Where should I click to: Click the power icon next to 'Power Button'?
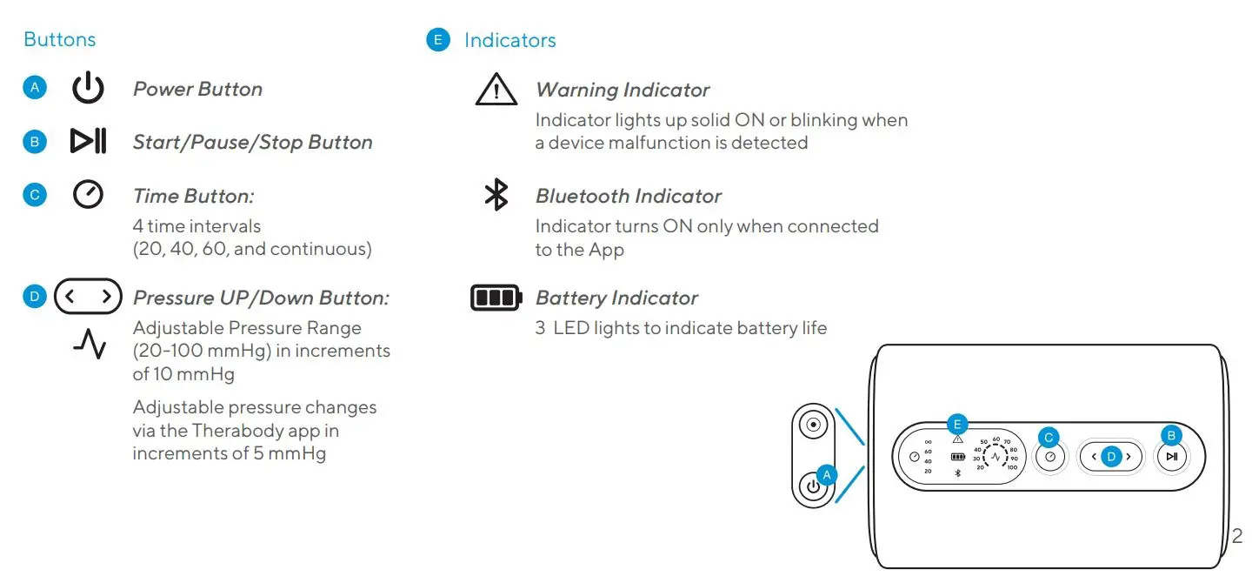[x=88, y=89]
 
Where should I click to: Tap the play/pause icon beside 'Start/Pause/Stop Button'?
[x=88, y=142]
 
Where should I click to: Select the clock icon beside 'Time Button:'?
[x=88, y=195]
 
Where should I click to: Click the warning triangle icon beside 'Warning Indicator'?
[x=496, y=90]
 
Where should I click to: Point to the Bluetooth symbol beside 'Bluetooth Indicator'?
[x=496, y=195]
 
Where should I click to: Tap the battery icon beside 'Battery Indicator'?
[x=496, y=298]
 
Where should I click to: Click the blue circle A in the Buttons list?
[x=35, y=88]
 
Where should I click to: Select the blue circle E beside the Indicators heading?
[x=438, y=39]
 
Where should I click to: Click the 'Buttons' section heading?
[x=59, y=39]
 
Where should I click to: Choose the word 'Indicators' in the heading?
[x=509, y=40]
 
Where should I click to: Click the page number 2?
[x=1237, y=536]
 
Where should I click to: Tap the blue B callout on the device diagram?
[x=1171, y=436]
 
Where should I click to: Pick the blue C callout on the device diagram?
[x=1049, y=437]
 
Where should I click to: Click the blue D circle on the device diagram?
[x=1110, y=456]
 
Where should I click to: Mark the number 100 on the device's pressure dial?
[x=1012, y=467]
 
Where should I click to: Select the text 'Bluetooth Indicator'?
[x=628, y=196]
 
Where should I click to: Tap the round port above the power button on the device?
[x=814, y=426]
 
